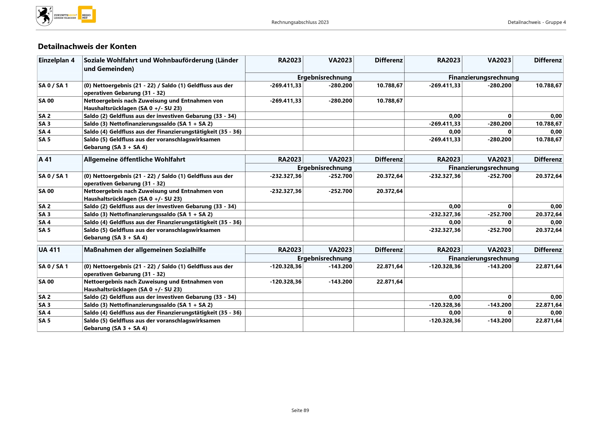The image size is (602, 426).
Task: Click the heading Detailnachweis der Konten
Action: (87, 46)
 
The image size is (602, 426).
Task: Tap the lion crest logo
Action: (44, 16)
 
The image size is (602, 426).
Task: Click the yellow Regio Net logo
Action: (87, 15)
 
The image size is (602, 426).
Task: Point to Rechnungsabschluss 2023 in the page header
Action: (300, 22)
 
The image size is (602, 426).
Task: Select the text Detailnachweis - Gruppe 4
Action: (537, 22)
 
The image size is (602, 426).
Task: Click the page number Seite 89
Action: (300, 410)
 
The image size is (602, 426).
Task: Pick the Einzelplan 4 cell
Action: (57, 60)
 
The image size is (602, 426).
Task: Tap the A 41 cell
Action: (45, 159)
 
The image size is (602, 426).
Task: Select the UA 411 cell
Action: (49, 250)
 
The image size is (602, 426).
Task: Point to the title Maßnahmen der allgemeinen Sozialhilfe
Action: (144, 250)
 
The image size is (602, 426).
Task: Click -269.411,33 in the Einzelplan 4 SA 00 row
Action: (286, 101)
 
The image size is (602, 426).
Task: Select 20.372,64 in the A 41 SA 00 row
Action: (389, 191)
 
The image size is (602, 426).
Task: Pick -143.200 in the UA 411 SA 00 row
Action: (340, 282)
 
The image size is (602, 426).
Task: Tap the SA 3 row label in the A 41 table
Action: (44, 214)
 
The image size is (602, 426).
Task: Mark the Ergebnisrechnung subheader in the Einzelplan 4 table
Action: (324, 77)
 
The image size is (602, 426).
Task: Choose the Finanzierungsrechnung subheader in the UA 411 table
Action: (484, 258)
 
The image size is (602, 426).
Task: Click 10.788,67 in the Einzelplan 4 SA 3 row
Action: (548, 124)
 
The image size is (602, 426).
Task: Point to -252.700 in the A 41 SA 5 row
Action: (499, 230)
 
